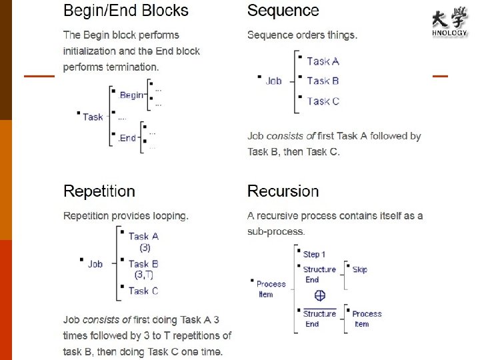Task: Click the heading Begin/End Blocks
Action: pyautogui.click(x=126, y=11)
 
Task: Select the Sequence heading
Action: pyautogui.click(x=283, y=11)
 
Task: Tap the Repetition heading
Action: pyautogui.click(x=99, y=191)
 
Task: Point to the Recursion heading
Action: pyautogui.click(x=283, y=191)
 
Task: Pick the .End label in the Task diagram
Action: pyautogui.click(x=127, y=139)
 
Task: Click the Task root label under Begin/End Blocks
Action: pyautogui.click(x=93, y=117)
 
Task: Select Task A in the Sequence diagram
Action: pyautogui.click(x=323, y=61)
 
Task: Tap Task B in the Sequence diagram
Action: pyautogui.click(x=323, y=81)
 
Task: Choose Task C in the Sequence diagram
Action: pyautogui.click(x=323, y=101)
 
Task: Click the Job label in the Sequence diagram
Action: pyautogui.click(x=273, y=81)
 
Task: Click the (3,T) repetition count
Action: pyautogui.click(x=143, y=275)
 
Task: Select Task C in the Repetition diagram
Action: pyautogui.click(x=143, y=291)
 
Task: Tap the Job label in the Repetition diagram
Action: pyautogui.click(x=95, y=264)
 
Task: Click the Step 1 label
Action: pyautogui.click(x=314, y=254)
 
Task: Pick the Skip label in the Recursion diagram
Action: pyautogui.click(x=359, y=269)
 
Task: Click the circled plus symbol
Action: pyautogui.click(x=320, y=295)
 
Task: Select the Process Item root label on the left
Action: pyautogui.click(x=271, y=289)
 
